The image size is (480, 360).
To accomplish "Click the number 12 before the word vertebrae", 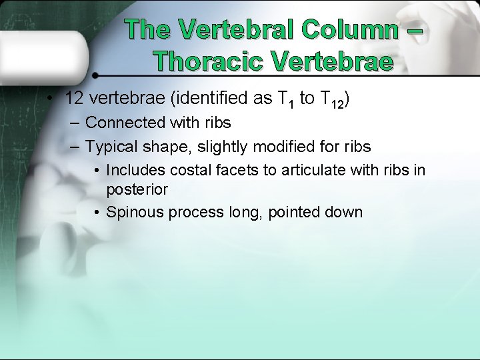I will click(74, 99).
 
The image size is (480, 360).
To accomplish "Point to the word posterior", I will click(137, 189).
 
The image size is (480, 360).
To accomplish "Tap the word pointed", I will click(295, 213).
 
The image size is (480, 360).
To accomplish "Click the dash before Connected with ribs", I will click(73, 123).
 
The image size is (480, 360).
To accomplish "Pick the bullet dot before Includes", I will click(97, 171).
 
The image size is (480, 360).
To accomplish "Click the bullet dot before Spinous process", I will click(97, 213).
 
